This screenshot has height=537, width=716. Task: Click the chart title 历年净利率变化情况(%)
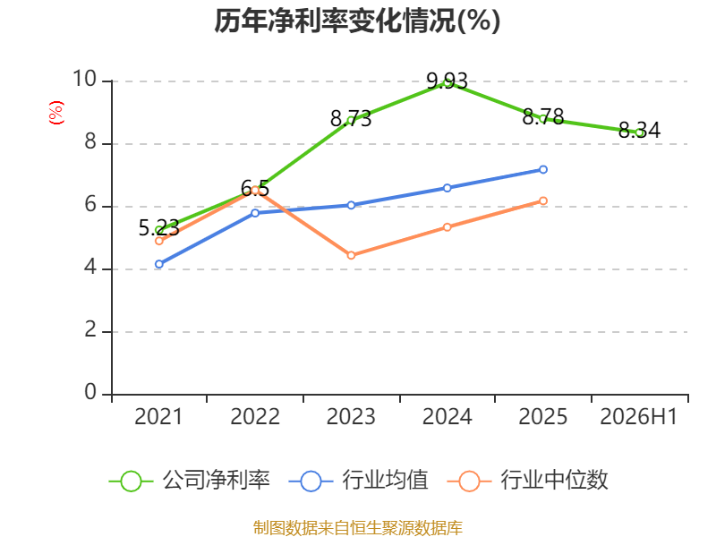(x=357, y=21)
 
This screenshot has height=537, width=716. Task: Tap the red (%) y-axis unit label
(x=56, y=113)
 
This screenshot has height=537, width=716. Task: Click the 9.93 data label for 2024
(x=447, y=81)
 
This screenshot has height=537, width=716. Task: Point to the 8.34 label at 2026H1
(x=639, y=130)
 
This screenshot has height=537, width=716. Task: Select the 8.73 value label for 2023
(x=351, y=119)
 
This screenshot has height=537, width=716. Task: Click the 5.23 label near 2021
(x=159, y=228)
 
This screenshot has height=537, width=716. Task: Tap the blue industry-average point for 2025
(x=543, y=169)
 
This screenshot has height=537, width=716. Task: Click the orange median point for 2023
(x=351, y=255)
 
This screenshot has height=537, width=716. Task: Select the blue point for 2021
(x=159, y=264)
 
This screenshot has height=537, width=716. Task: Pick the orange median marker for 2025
(x=543, y=200)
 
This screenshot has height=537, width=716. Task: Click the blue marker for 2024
(x=447, y=188)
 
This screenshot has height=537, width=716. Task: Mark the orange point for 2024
(x=447, y=227)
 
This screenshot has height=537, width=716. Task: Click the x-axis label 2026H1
(x=638, y=416)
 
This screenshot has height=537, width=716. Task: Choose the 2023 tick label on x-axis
(x=351, y=416)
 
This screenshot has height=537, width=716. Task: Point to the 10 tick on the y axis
(x=85, y=79)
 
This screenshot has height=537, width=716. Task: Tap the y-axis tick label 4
(x=90, y=267)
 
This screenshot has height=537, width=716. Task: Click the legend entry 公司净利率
(x=190, y=481)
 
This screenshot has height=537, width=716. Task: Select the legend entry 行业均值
(x=359, y=481)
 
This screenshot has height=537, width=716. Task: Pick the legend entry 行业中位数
(x=528, y=481)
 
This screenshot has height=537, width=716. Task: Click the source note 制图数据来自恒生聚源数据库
(x=357, y=528)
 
